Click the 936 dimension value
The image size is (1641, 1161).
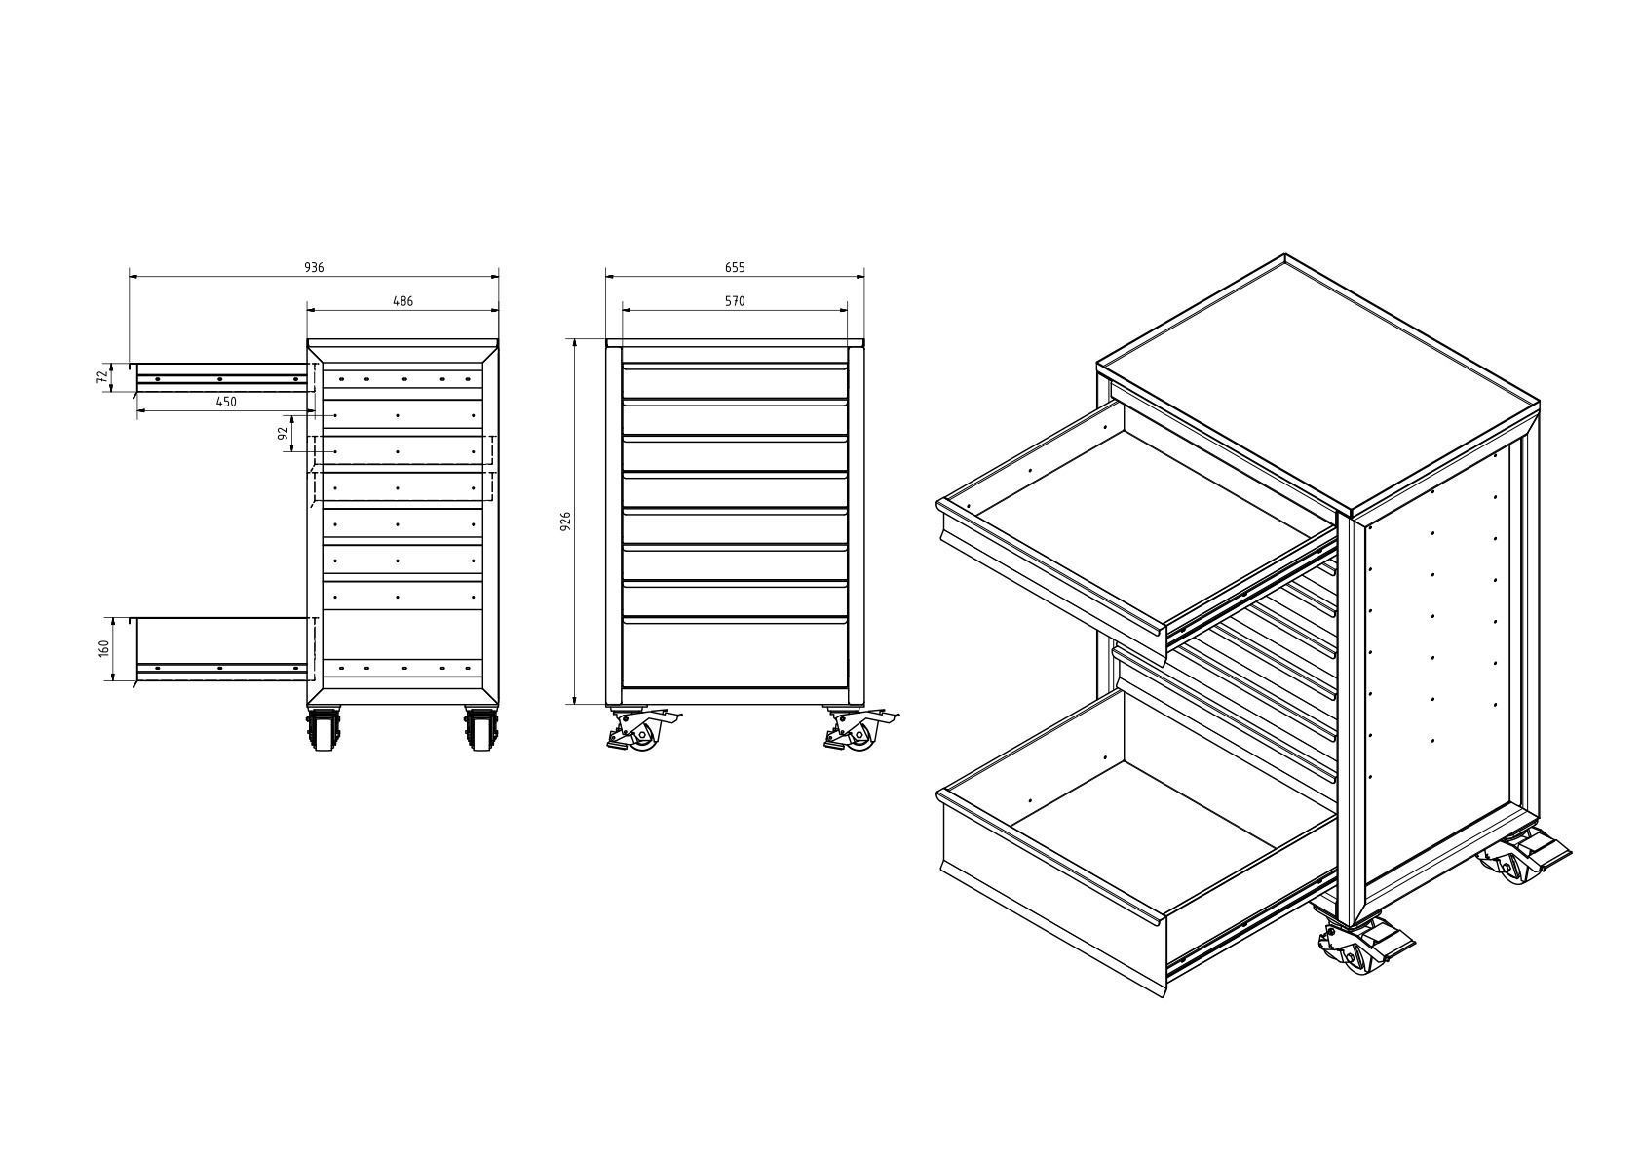314,267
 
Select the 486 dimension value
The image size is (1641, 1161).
402,301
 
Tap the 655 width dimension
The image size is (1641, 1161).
735,267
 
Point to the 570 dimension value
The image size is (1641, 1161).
735,301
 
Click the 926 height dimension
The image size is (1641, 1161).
565,522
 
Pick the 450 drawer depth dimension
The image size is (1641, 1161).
226,402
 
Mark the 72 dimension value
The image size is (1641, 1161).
102,377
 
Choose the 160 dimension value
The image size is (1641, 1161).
104,648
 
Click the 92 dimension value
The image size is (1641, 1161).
285,434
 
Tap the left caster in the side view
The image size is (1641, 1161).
324,729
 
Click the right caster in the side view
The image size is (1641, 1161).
479,729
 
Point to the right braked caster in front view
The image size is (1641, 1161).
858,730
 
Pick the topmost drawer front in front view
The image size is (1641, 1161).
735,380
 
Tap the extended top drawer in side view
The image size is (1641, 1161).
220,377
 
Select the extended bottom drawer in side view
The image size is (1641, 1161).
220,647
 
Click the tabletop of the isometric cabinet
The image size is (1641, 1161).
1316,385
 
